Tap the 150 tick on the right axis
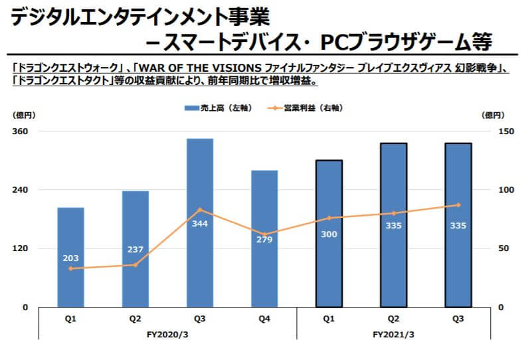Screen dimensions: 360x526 (x=505, y=132)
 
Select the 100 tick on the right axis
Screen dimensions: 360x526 (x=505, y=190)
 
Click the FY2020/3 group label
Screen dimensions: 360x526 (x=167, y=334)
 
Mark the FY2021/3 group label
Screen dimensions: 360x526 (x=393, y=334)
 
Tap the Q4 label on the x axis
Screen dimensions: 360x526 (x=264, y=319)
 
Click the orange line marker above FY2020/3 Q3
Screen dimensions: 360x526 (x=200, y=210)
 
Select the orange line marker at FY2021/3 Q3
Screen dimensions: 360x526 (x=458, y=205)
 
